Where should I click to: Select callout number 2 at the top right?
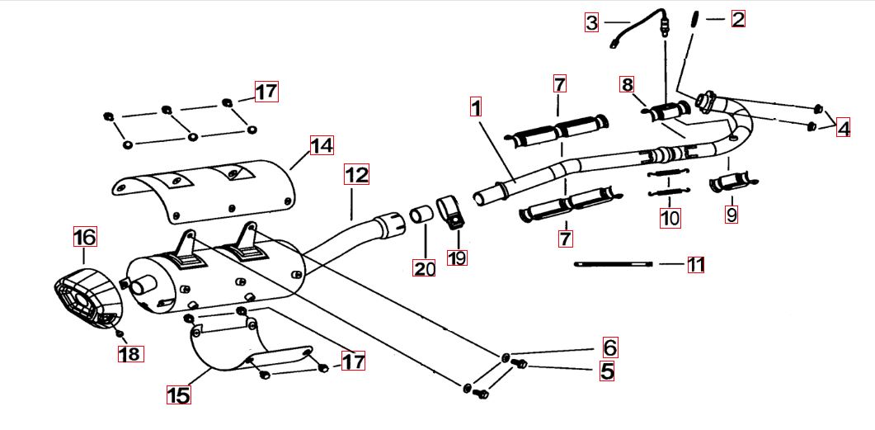click(737, 18)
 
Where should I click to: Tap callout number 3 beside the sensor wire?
click(591, 22)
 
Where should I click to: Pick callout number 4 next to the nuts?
click(842, 128)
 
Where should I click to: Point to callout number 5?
click(607, 371)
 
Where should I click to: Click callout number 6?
click(609, 347)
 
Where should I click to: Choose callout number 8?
click(628, 84)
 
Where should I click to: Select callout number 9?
click(732, 215)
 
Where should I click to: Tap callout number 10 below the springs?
click(670, 218)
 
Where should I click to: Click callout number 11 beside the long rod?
click(696, 265)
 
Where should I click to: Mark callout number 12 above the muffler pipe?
click(356, 175)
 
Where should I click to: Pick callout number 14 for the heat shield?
click(322, 146)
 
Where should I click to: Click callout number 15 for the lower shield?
click(178, 395)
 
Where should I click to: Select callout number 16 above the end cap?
click(85, 237)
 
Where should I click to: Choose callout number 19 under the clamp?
click(457, 258)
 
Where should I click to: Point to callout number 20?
click(425, 267)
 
